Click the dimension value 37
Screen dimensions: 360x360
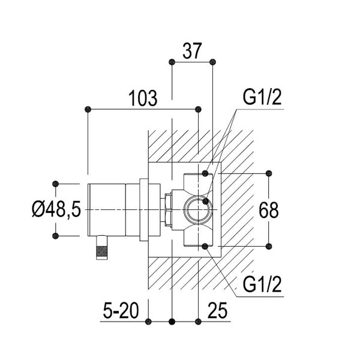191,52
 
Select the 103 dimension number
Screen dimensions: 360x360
142,98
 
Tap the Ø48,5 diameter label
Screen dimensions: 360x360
56,209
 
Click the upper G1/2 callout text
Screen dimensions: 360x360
263,98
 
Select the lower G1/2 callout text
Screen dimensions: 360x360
263,284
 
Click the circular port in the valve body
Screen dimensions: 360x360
196,209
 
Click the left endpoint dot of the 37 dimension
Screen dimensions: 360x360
172,62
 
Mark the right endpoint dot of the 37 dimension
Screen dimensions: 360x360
213,62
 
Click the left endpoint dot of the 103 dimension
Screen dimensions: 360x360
88,109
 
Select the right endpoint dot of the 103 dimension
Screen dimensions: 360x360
199,109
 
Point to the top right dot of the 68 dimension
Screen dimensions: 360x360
268,174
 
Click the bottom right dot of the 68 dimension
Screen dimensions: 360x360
268,246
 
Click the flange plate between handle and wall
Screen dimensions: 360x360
143,209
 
